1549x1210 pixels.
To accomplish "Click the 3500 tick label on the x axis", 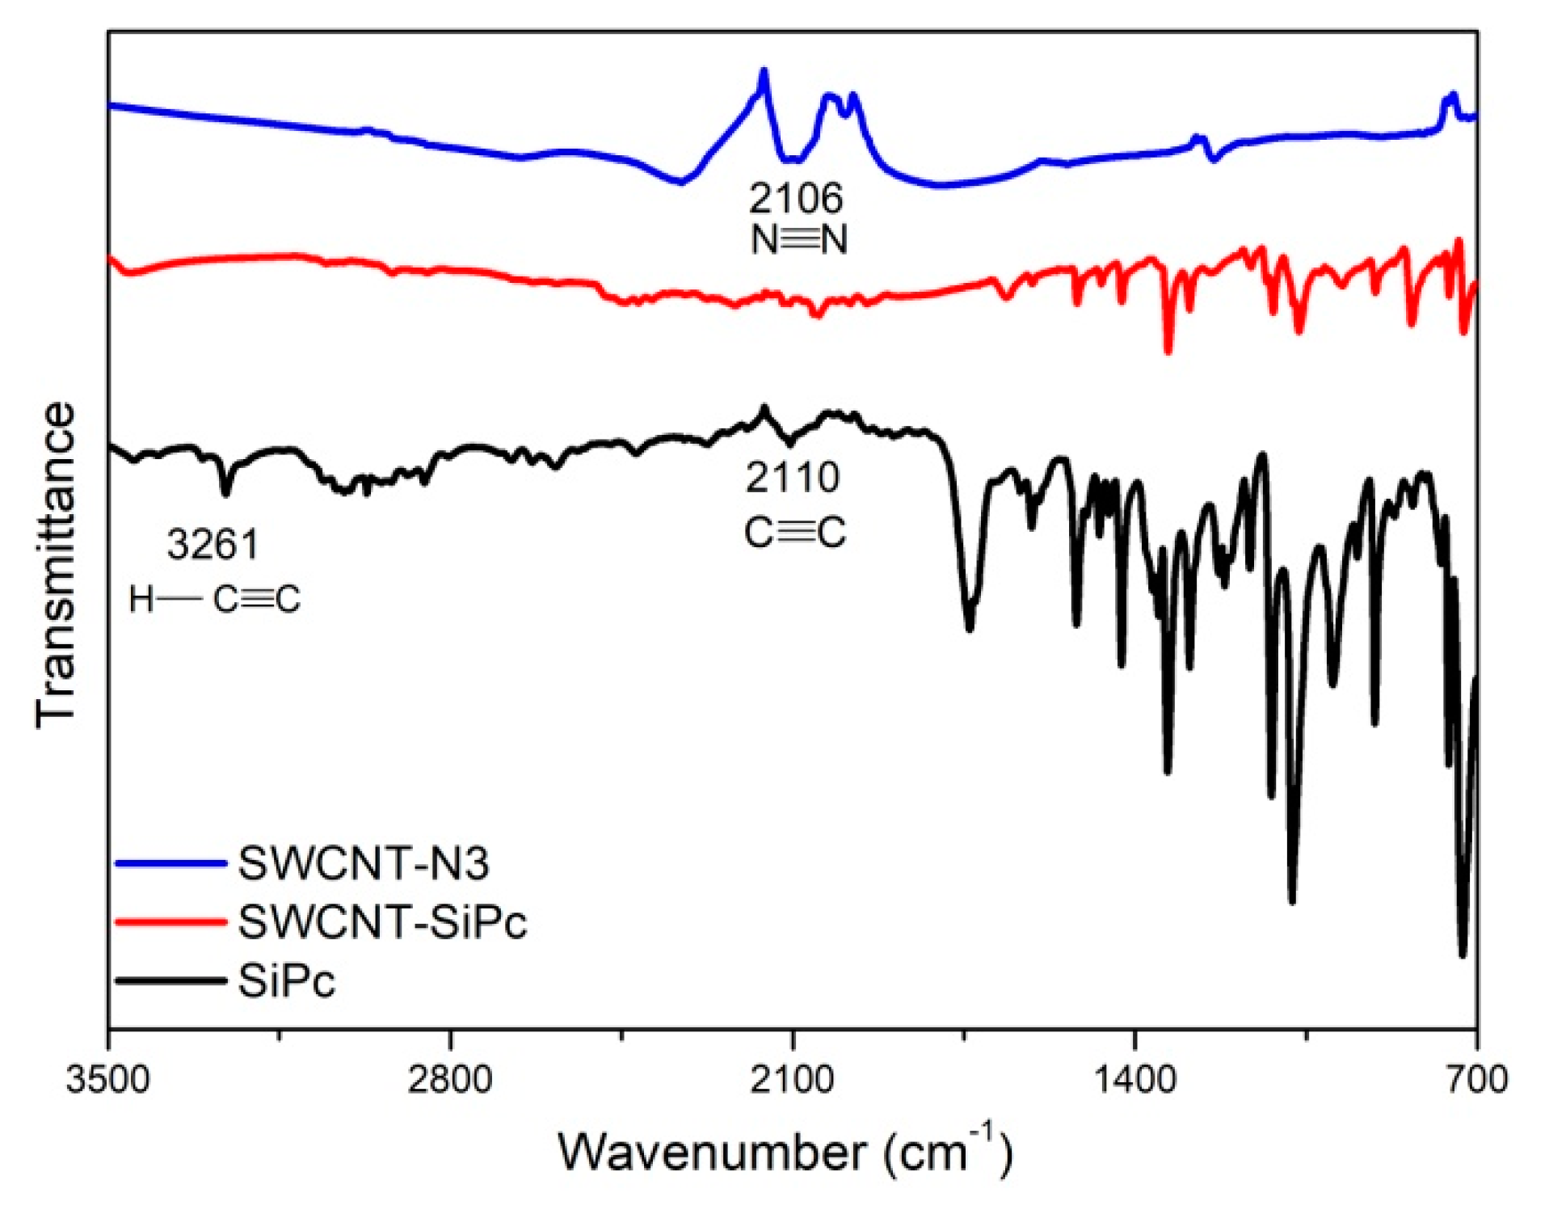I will click(x=107, y=1080).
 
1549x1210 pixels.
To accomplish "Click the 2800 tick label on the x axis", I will click(x=449, y=1080).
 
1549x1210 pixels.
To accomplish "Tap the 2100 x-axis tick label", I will click(x=792, y=1080).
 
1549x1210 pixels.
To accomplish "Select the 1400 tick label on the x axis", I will click(x=1134, y=1080).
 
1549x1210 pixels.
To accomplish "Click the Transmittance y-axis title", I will click(x=55, y=564).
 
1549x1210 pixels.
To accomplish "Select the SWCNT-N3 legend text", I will click(x=364, y=863).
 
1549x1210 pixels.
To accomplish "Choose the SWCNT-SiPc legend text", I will click(x=382, y=921).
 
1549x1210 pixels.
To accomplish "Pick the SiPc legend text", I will click(x=287, y=981).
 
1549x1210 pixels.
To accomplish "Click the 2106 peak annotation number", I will click(x=795, y=197).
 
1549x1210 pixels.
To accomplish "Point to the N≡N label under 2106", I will click(x=798, y=239).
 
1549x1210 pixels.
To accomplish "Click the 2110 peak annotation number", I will click(x=792, y=478).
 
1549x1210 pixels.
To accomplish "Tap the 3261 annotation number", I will click(x=213, y=544).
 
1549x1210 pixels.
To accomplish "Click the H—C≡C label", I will click(x=214, y=600).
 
